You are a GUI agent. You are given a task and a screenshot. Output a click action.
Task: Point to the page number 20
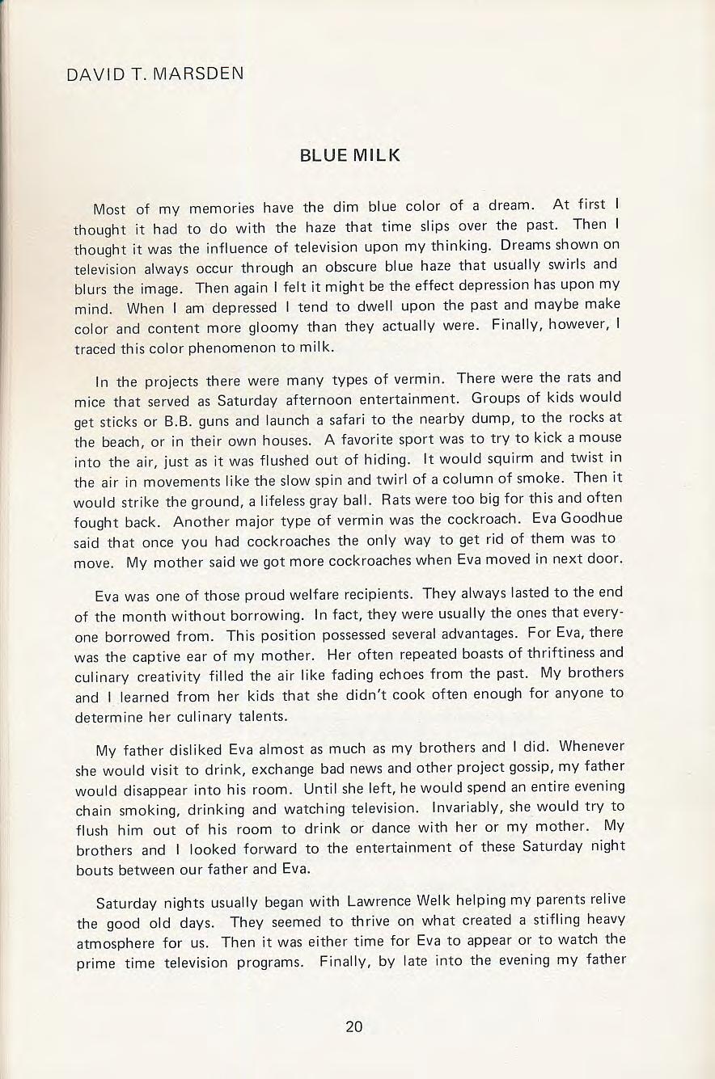(353, 1027)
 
